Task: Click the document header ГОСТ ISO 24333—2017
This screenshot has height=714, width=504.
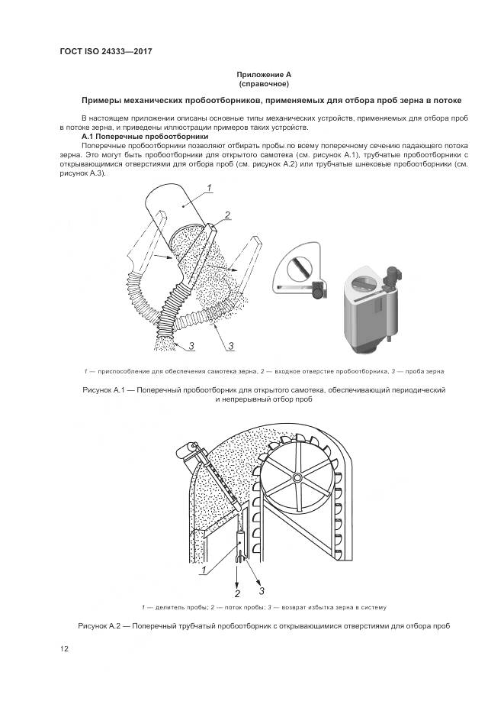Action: click(106, 52)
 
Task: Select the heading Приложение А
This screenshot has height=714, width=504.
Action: click(264, 74)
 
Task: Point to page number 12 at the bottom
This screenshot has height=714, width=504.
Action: click(65, 649)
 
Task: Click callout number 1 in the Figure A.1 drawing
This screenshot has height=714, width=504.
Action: click(208, 188)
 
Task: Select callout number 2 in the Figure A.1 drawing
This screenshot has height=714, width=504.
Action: click(226, 214)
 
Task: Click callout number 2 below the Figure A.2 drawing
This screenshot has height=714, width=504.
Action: click(237, 593)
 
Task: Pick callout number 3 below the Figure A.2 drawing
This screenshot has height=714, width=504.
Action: click(262, 590)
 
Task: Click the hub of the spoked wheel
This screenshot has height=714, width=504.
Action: click(296, 477)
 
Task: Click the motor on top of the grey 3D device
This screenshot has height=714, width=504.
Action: click(394, 276)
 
